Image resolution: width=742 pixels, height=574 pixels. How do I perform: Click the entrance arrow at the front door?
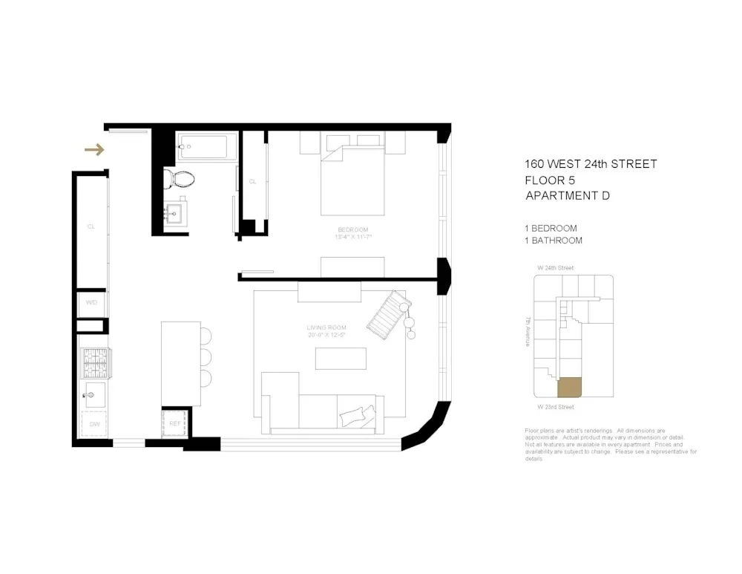(x=94, y=151)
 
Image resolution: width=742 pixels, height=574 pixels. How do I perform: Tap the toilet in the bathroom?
(x=180, y=177)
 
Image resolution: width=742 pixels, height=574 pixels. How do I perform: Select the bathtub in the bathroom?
(x=207, y=146)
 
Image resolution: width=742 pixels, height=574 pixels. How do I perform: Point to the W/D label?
(x=91, y=303)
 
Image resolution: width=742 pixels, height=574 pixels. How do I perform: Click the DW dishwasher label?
(x=95, y=423)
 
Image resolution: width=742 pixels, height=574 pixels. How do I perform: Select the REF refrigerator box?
(x=176, y=423)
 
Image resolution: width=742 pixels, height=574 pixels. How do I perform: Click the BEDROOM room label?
(x=352, y=229)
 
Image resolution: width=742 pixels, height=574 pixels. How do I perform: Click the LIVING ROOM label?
(x=327, y=327)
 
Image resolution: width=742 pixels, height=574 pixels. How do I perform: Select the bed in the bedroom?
(x=352, y=178)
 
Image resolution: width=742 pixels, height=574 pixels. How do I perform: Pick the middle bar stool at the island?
(x=206, y=356)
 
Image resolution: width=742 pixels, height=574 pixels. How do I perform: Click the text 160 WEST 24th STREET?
(x=591, y=164)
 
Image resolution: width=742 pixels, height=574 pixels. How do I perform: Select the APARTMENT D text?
(x=568, y=196)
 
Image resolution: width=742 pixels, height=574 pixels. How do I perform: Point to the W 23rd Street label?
(x=556, y=407)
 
